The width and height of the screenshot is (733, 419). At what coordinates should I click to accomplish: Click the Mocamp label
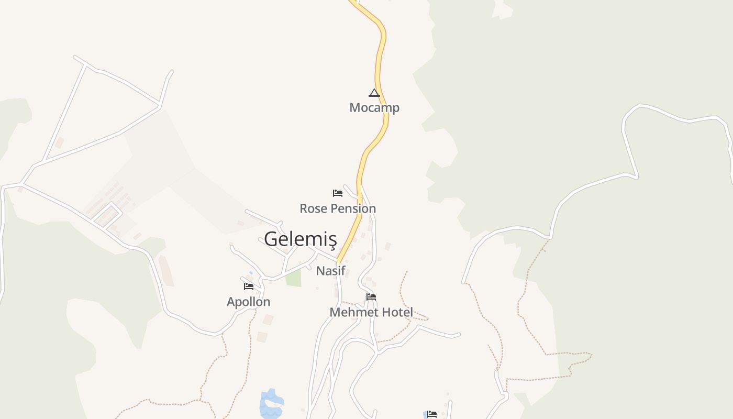374,108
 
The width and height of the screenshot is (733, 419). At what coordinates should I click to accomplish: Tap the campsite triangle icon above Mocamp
374,93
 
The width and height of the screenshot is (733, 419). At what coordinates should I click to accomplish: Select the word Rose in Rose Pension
313,208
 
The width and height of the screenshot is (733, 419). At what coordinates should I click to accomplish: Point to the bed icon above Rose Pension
338,193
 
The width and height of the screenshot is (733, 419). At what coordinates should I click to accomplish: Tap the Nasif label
331,271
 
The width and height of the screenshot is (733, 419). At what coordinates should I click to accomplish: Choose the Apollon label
248,302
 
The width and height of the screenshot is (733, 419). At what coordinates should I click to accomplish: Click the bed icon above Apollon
249,286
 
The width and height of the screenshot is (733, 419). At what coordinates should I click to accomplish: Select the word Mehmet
353,312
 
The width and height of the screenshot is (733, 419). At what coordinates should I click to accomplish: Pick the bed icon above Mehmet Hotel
371,297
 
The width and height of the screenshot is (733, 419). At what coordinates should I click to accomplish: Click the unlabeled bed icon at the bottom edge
431,414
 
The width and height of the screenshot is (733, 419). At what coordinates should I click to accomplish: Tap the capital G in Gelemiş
271,239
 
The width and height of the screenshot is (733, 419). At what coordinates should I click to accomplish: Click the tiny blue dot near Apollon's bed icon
251,273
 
